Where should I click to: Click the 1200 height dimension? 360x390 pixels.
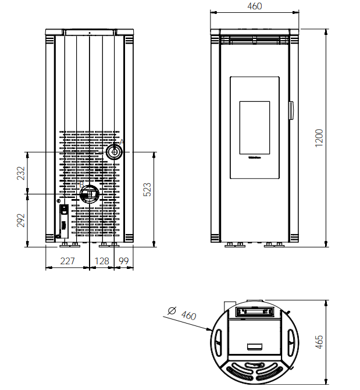point(319,137)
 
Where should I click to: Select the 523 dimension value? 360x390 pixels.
point(147,189)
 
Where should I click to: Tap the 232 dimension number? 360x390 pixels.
point(21,173)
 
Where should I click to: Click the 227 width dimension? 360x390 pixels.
point(67,261)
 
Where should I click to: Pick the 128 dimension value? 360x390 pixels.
point(102,261)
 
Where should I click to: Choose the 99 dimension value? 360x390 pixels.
point(123,261)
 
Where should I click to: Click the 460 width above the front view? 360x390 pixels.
point(255,6)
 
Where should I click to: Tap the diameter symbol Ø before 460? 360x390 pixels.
point(172,311)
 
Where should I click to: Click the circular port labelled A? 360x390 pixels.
point(114,152)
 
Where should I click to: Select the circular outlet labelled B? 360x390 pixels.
point(90,193)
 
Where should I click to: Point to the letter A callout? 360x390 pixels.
point(122,141)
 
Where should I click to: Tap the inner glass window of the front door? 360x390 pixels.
point(255,129)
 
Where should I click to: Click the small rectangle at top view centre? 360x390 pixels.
point(254,347)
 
